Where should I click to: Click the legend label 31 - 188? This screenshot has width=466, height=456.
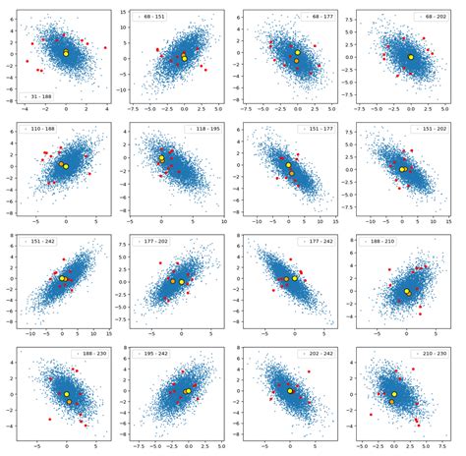tap(46, 96)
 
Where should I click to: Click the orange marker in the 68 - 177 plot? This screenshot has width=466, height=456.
tap(296, 61)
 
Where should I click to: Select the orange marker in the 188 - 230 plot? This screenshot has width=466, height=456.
tap(69, 401)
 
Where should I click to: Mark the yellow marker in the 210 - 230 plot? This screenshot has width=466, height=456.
tap(394, 394)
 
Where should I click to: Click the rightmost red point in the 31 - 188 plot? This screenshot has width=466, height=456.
tap(104, 46)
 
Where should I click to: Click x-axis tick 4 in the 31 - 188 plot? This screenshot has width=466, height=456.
tap(105, 111)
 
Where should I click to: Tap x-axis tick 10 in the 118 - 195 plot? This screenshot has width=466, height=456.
tap(224, 223)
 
